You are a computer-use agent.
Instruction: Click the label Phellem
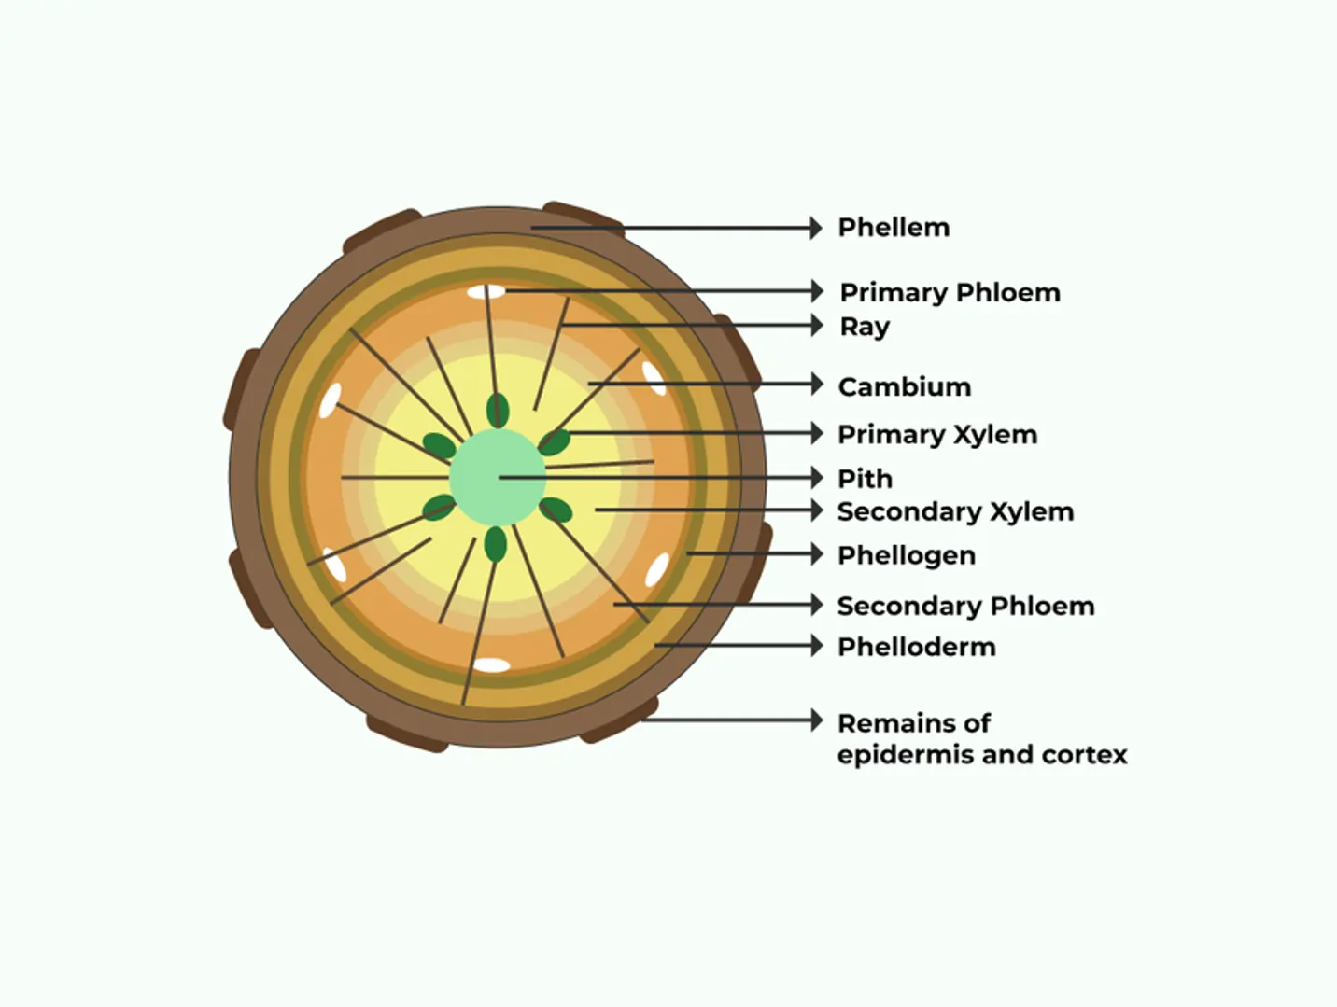tap(893, 228)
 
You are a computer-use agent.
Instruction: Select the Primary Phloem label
tap(949, 293)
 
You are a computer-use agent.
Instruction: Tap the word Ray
tap(864, 327)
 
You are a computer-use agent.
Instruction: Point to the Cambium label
tap(904, 386)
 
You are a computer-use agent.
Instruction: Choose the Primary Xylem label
tap(936, 435)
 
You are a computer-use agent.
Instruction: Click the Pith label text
tap(864, 479)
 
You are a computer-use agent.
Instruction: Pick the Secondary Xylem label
tap(954, 511)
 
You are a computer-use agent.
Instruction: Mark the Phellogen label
tap(906, 555)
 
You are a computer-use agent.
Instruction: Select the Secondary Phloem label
tap(964, 606)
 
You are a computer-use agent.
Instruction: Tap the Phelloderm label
tap(916, 647)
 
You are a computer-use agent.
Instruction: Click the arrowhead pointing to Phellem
tap(816, 228)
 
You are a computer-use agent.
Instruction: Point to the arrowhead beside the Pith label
tap(816, 478)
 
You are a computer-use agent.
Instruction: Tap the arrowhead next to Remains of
tap(816, 720)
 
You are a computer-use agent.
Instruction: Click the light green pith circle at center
tap(497, 477)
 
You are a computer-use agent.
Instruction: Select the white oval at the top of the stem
tap(486, 292)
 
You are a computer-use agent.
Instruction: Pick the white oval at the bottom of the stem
tap(491, 665)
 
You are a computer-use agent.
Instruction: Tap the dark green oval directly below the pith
tap(496, 544)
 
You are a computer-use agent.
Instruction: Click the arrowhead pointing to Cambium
tap(816, 384)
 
